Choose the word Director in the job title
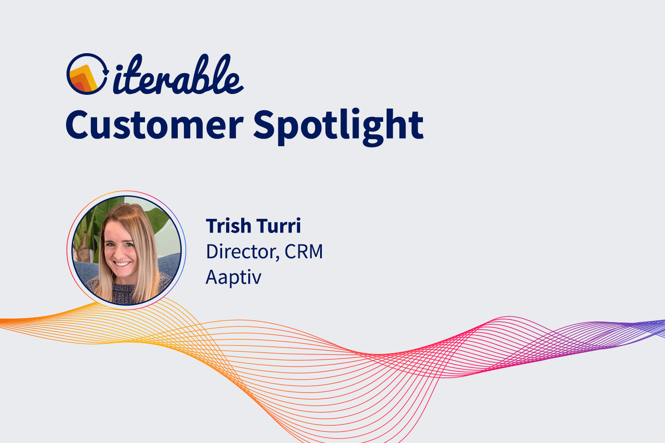241,252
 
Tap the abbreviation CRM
304,252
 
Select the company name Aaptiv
234,278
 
